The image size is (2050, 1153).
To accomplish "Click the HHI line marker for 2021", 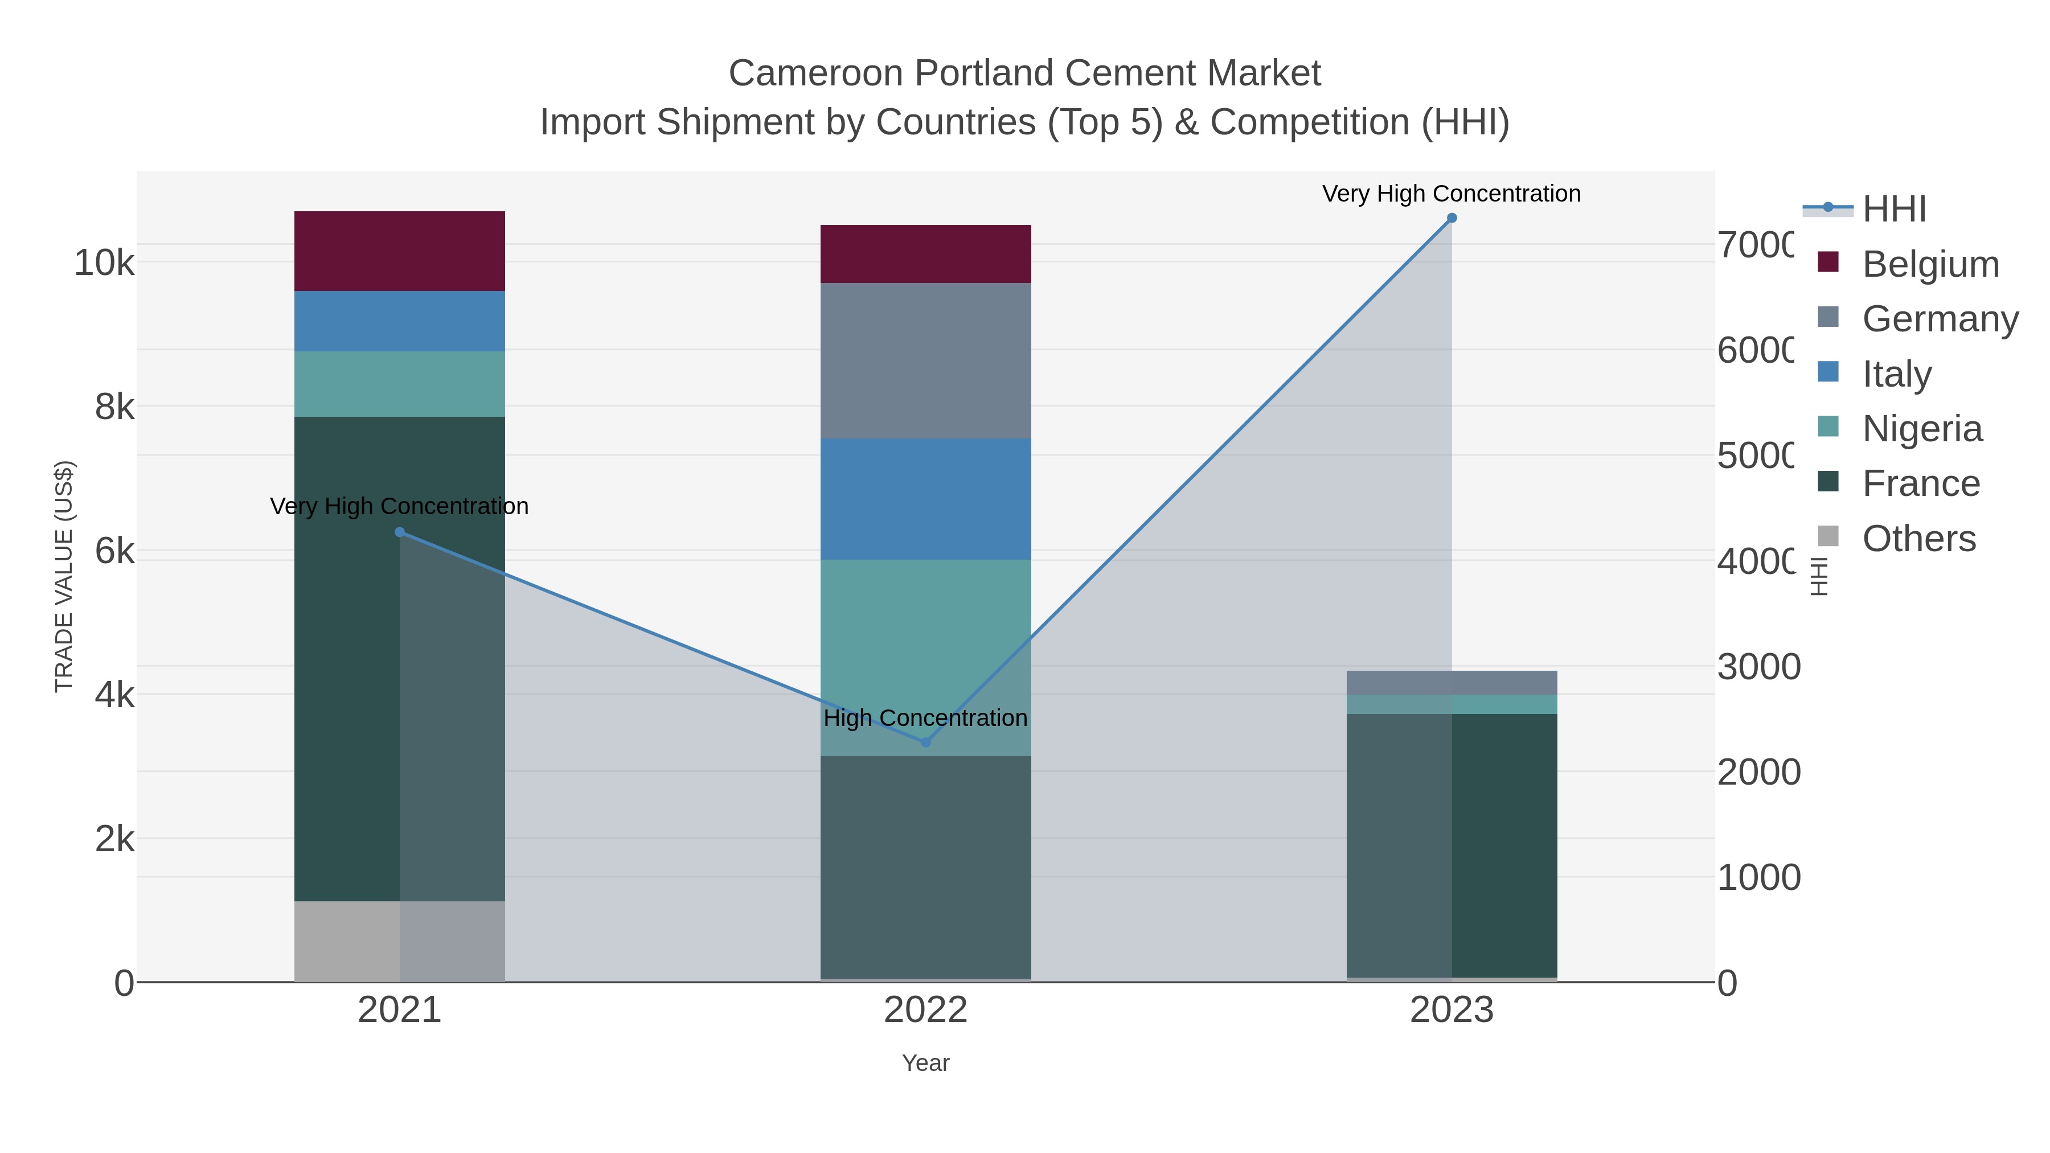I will pos(400,532).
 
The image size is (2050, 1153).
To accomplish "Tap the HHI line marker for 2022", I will pos(925,742).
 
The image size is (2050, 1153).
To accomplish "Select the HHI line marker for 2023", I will pos(1452,218).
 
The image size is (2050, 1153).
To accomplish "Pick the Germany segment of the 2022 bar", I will pos(925,360).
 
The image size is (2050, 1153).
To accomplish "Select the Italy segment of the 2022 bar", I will pos(925,499).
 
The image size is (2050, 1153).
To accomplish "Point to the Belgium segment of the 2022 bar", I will pos(925,254).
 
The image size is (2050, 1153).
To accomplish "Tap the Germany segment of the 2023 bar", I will pos(1452,683).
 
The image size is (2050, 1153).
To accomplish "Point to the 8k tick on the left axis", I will pos(114,407).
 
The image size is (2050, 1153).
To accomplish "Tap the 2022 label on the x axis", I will pos(925,1010).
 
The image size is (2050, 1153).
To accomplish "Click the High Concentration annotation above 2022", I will pos(925,718).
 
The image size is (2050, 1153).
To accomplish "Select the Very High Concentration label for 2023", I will pos(1452,194).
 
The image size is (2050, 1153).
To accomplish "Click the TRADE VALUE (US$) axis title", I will pos(64,576).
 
